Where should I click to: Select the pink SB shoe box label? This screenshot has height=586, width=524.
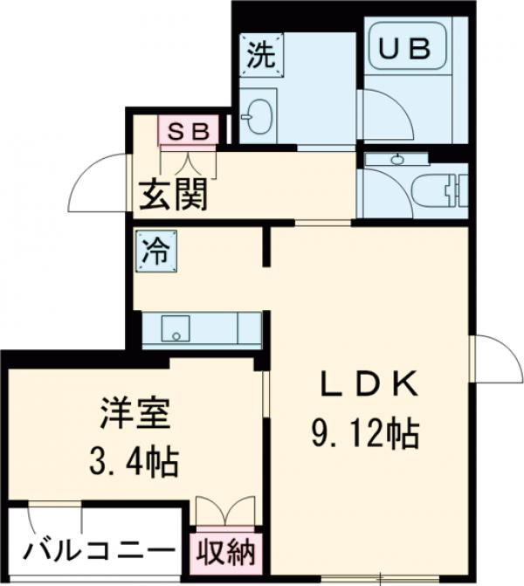(188, 131)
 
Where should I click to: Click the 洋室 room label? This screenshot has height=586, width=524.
(133, 410)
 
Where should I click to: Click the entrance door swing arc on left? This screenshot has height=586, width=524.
(99, 182)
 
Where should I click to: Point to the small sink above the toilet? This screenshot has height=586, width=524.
(398, 159)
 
